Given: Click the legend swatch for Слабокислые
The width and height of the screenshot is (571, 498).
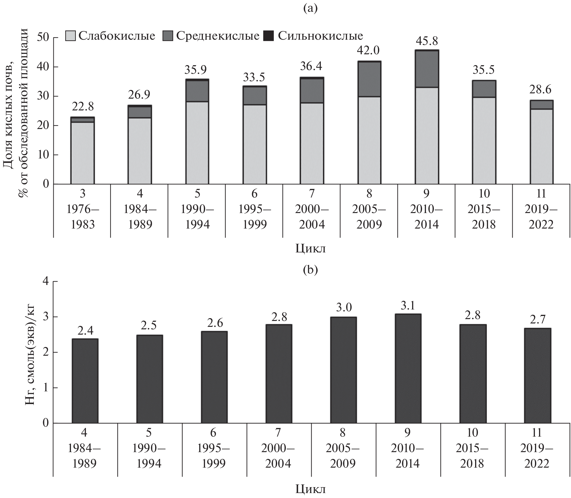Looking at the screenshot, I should (70, 36).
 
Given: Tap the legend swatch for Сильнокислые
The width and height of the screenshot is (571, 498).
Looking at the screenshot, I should (269, 36).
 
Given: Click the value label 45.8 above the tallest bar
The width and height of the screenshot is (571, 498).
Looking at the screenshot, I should (426, 41).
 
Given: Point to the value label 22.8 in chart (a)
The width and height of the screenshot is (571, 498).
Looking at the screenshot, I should (83, 107).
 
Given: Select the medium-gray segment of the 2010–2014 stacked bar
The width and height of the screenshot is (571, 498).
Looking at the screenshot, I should (426, 69).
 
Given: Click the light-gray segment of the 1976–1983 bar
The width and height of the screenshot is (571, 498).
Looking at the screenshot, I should (83, 153).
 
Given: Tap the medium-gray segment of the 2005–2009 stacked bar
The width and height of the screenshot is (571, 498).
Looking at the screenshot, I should (369, 79).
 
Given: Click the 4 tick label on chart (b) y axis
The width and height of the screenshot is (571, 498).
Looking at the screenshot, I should (46, 282).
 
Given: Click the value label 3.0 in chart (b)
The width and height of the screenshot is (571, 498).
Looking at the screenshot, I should (344, 307).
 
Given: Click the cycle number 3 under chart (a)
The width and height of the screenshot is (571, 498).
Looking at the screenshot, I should (83, 194).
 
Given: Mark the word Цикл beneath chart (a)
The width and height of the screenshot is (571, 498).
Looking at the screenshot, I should (311, 249).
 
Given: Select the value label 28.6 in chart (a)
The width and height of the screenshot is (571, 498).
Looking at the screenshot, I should (541, 90).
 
